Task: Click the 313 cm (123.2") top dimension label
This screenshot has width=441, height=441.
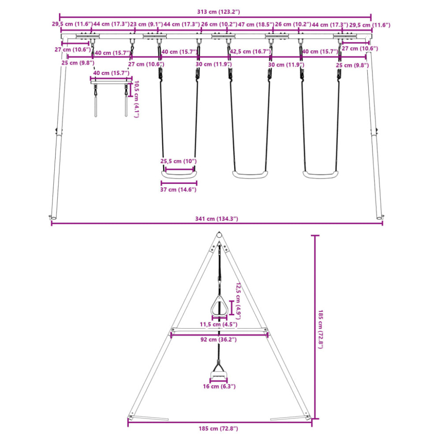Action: click(x=218, y=12)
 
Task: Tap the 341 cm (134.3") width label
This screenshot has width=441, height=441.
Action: click(x=217, y=219)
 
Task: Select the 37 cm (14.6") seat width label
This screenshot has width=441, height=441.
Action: click(x=178, y=190)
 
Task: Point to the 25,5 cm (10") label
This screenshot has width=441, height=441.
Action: click(x=178, y=161)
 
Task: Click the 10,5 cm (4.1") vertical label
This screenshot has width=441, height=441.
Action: click(x=136, y=99)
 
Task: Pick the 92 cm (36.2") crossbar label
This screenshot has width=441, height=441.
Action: click(x=219, y=340)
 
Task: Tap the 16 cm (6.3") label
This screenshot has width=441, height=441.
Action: click(x=219, y=386)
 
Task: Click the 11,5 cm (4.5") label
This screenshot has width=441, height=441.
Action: click(x=219, y=324)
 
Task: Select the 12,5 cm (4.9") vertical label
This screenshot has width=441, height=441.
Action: click(x=238, y=301)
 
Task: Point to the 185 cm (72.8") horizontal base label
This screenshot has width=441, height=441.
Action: click(x=218, y=429)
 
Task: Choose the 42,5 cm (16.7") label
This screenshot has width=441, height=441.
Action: click(x=250, y=52)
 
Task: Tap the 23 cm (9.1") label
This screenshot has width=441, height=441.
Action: click(x=146, y=24)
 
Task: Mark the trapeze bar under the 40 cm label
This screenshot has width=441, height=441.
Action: click(x=111, y=82)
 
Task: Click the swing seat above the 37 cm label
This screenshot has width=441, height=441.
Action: click(x=179, y=175)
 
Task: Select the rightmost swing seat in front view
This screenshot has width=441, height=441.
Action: click(x=320, y=175)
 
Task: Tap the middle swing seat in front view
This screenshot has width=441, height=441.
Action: click(x=250, y=175)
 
